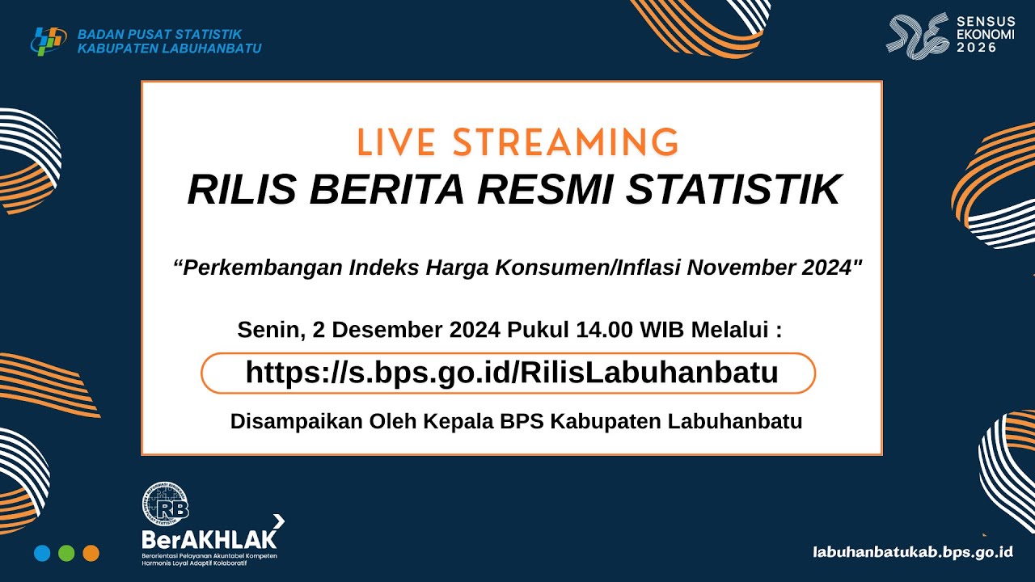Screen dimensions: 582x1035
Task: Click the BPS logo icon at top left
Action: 49,40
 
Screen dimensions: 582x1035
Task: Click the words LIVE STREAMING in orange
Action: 517,142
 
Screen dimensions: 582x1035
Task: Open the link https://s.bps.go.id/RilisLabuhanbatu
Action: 511,373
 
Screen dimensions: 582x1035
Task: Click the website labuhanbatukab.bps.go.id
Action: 913,552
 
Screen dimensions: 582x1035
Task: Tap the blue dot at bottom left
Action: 42,554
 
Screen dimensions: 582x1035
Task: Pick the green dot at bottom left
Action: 66,554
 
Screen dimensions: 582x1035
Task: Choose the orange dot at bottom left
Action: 91,554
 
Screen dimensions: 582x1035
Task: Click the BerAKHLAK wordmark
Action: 209,538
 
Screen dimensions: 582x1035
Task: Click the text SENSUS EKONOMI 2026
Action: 986,35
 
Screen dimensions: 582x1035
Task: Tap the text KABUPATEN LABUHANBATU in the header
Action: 169,48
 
